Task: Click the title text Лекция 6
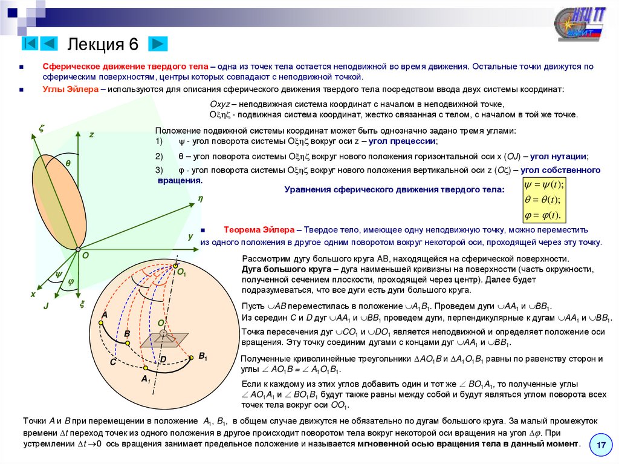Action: (103, 44)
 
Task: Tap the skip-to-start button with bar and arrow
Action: (31, 44)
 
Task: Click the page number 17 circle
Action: (601, 445)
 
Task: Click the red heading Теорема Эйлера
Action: (259, 230)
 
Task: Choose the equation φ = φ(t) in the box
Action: (543, 215)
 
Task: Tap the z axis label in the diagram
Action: (92, 135)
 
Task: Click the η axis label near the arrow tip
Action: (199, 198)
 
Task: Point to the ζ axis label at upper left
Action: (42, 128)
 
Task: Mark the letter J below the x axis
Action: (45, 307)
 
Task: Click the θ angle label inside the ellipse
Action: (68, 163)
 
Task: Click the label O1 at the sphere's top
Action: (181, 273)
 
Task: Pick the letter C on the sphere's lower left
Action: (112, 362)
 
